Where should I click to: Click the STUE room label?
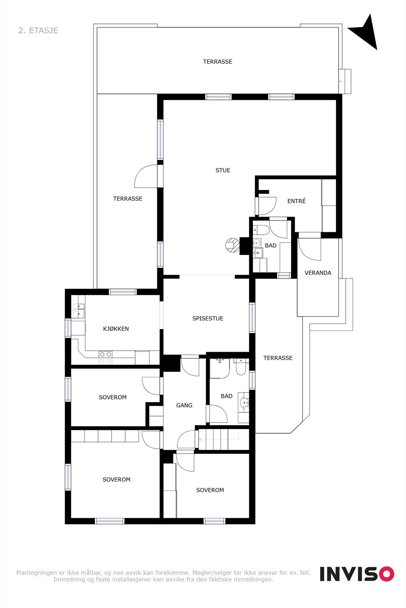(x=223, y=170)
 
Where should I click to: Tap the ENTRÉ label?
(x=296, y=201)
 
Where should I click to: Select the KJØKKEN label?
(x=116, y=329)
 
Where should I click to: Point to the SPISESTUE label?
(x=207, y=318)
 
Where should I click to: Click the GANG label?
(x=184, y=405)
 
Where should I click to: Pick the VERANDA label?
(x=318, y=273)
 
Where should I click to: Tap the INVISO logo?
(x=357, y=574)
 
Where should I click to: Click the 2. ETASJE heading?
(x=38, y=30)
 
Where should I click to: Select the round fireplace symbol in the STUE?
(x=231, y=245)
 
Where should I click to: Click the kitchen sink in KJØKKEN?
(x=79, y=310)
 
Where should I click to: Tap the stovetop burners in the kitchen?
(x=105, y=357)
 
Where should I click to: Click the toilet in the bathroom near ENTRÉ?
(x=261, y=230)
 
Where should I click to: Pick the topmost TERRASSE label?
(x=217, y=62)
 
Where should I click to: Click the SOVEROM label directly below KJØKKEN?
(x=113, y=397)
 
